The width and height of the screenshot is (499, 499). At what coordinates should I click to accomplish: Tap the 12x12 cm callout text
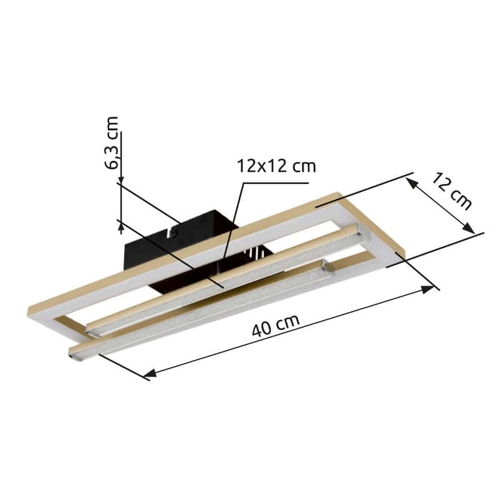click(276, 166)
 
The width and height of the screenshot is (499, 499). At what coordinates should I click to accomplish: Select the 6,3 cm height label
click(112, 143)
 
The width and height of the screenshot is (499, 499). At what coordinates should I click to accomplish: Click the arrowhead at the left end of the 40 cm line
click(150, 372)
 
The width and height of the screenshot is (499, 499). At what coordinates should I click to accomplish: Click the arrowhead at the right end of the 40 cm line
click(427, 289)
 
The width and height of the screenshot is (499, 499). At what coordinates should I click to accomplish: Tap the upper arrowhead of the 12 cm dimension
click(412, 183)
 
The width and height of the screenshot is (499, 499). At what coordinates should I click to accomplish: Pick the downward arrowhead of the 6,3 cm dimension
click(121, 180)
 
